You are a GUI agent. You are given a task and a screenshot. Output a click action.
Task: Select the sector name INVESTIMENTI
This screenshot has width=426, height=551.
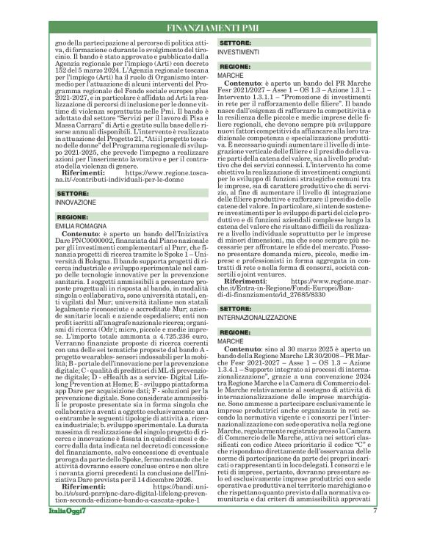coord(239,53)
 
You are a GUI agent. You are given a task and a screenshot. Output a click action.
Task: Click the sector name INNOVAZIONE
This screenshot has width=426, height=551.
coord(76,201)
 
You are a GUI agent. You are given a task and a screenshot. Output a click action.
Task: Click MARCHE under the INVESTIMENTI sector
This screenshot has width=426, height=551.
coord(231,76)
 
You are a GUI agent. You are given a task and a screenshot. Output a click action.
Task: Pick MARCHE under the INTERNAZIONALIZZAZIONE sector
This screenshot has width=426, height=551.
coord(231,342)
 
